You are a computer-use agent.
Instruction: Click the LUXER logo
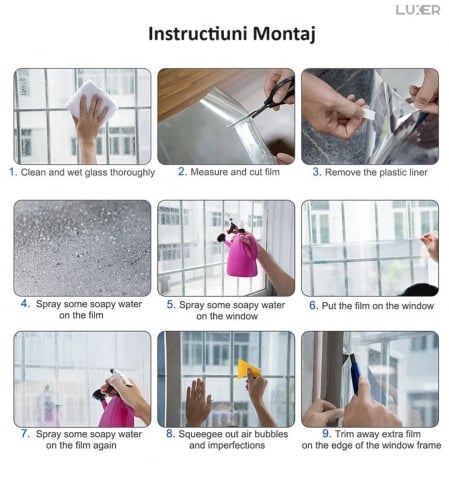click(x=418, y=10)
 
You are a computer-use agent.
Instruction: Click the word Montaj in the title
click(x=284, y=35)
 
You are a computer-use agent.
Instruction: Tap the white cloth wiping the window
click(x=91, y=98)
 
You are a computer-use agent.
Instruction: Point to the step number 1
click(x=13, y=172)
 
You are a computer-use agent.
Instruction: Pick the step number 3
click(x=317, y=172)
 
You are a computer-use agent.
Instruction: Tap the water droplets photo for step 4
click(x=82, y=248)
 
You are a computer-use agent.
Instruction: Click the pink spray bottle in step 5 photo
click(x=240, y=250)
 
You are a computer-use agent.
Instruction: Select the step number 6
click(x=313, y=305)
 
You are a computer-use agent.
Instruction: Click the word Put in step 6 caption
click(x=329, y=306)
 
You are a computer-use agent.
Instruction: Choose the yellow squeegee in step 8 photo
click(x=247, y=369)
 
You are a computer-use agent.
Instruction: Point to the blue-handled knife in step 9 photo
click(x=355, y=373)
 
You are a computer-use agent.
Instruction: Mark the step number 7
click(x=25, y=434)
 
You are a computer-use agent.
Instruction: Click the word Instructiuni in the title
click(x=198, y=33)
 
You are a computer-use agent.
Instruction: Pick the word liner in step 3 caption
click(x=417, y=172)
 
